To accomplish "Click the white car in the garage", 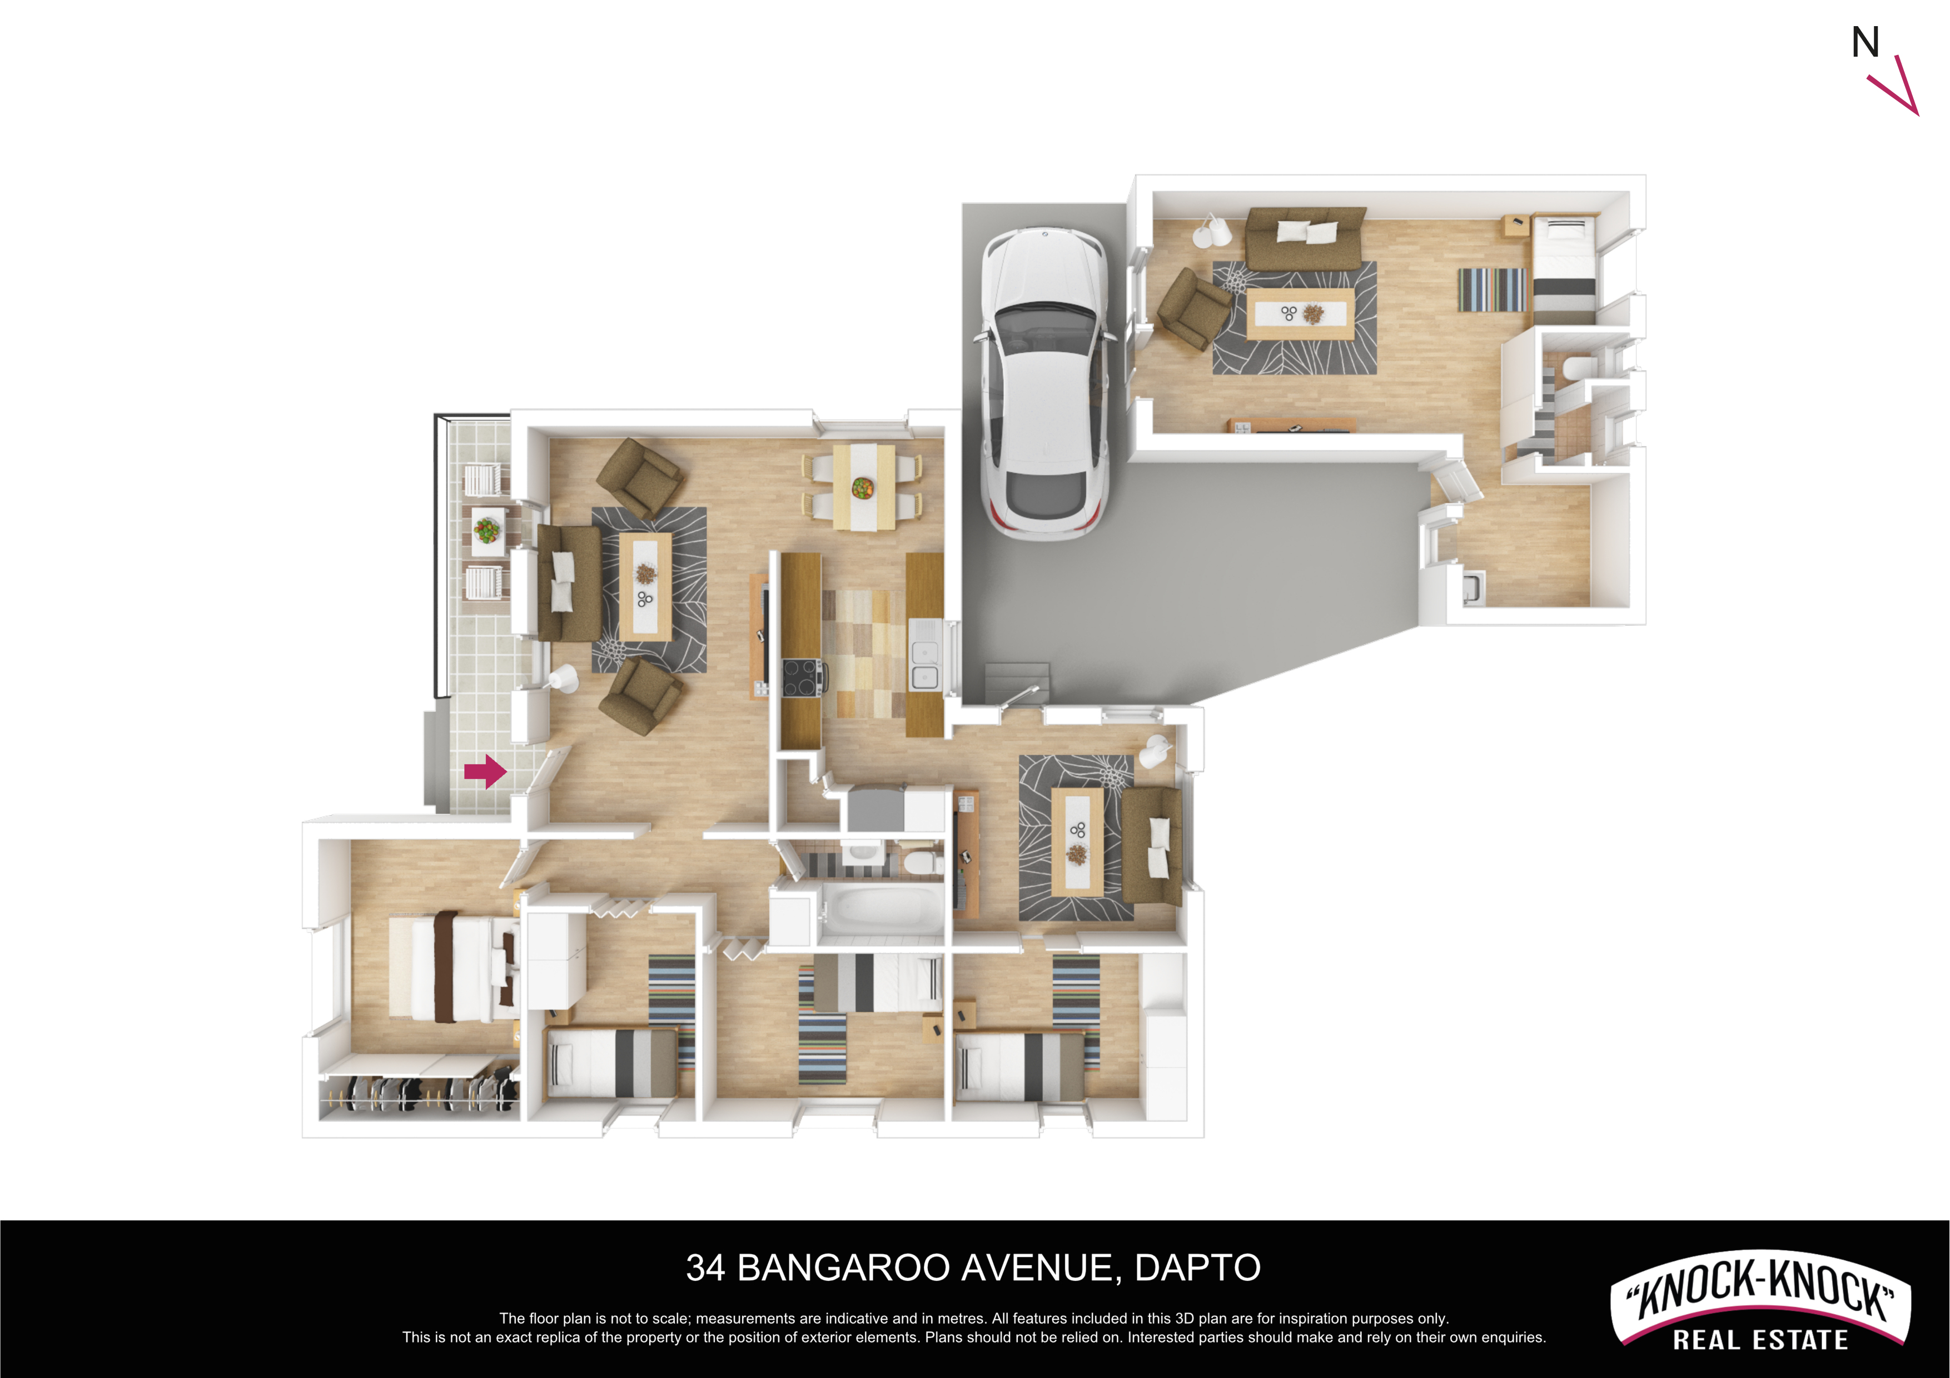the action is (1044, 382).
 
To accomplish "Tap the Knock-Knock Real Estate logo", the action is (1760, 1300).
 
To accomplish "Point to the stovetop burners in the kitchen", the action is (802, 677).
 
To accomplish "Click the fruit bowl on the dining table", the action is (863, 488).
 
